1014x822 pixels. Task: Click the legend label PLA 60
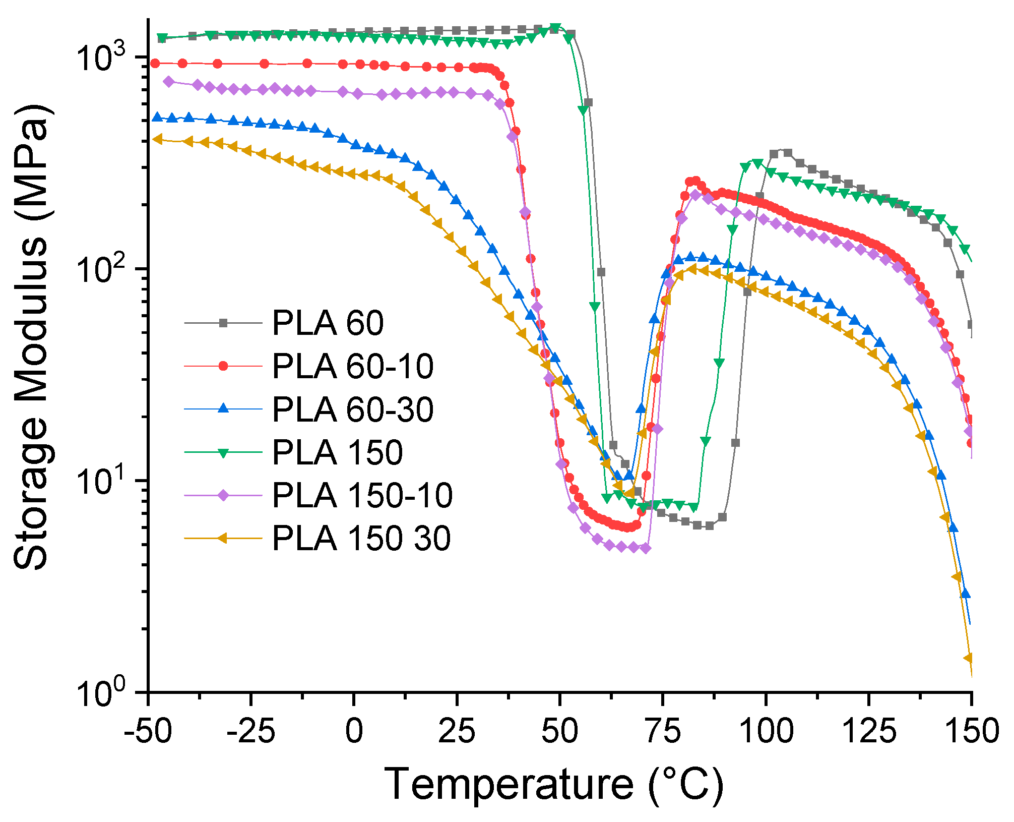click(328, 323)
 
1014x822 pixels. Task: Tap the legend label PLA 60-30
click(352, 409)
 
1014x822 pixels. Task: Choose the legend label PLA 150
click(337, 452)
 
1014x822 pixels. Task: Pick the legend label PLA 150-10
click(362, 495)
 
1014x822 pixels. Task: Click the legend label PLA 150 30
click(361, 538)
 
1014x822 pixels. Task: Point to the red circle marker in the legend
click(223, 366)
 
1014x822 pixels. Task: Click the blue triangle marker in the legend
click(223, 408)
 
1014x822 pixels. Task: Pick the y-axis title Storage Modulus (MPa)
click(31, 337)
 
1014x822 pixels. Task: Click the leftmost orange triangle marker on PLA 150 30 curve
click(158, 139)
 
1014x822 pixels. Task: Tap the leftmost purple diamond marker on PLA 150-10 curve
click(169, 81)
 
